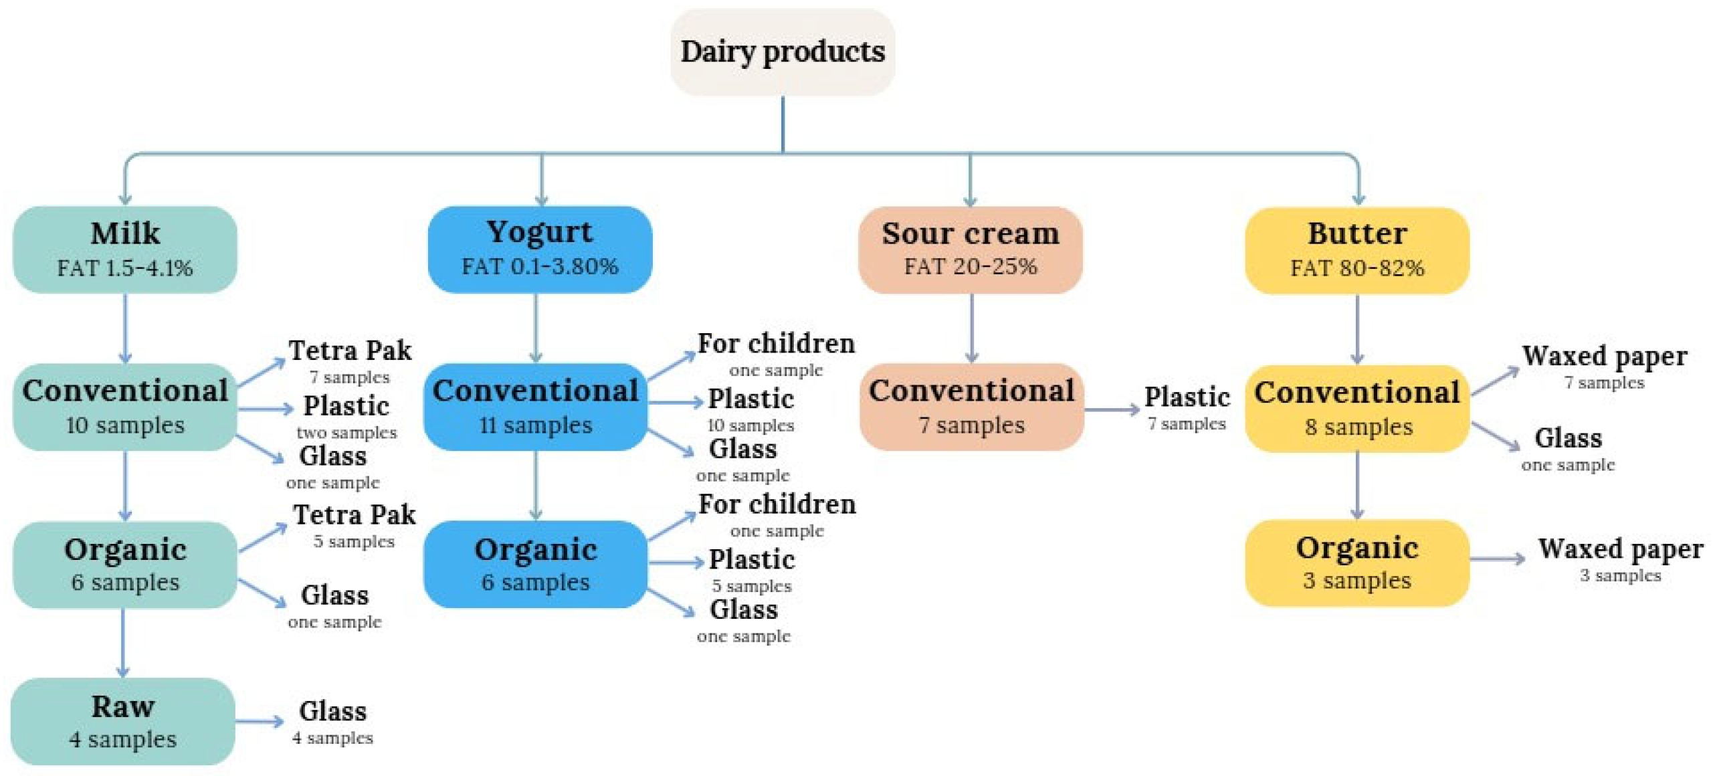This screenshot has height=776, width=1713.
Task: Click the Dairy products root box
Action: (x=782, y=52)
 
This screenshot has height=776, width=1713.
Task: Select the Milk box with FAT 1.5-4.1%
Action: (x=125, y=249)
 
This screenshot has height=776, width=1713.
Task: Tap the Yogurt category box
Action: (x=539, y=249)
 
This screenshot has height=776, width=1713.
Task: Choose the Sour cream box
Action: (x=970, y=249)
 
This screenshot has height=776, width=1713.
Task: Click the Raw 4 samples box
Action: (x=123, y=721)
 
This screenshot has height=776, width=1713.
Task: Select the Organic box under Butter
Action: (x=1356, y=563)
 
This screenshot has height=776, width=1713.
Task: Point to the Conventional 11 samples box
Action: (x=535, y=407)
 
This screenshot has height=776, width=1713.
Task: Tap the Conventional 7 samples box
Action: (x=971, y=407)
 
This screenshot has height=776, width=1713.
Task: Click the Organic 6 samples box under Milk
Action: (x=125, y=565)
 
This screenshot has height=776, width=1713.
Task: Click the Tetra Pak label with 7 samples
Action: (x=350, y=360)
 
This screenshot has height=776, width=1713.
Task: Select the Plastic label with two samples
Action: (x=346, y=415)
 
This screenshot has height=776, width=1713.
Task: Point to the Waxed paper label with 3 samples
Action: (x=1620, y=558)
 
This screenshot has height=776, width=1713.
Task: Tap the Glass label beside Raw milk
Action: (x=332, y=720)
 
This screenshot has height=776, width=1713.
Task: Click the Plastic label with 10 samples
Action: (x=750, y=407)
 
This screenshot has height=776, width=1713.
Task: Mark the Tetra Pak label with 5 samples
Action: (x=354, y=524)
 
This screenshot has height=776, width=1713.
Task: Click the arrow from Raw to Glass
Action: (x=260, y=721)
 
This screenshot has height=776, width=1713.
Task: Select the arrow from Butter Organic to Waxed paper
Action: (x=1497, y=559)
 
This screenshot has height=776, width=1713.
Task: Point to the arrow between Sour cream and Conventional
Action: (x=971, y=328)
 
